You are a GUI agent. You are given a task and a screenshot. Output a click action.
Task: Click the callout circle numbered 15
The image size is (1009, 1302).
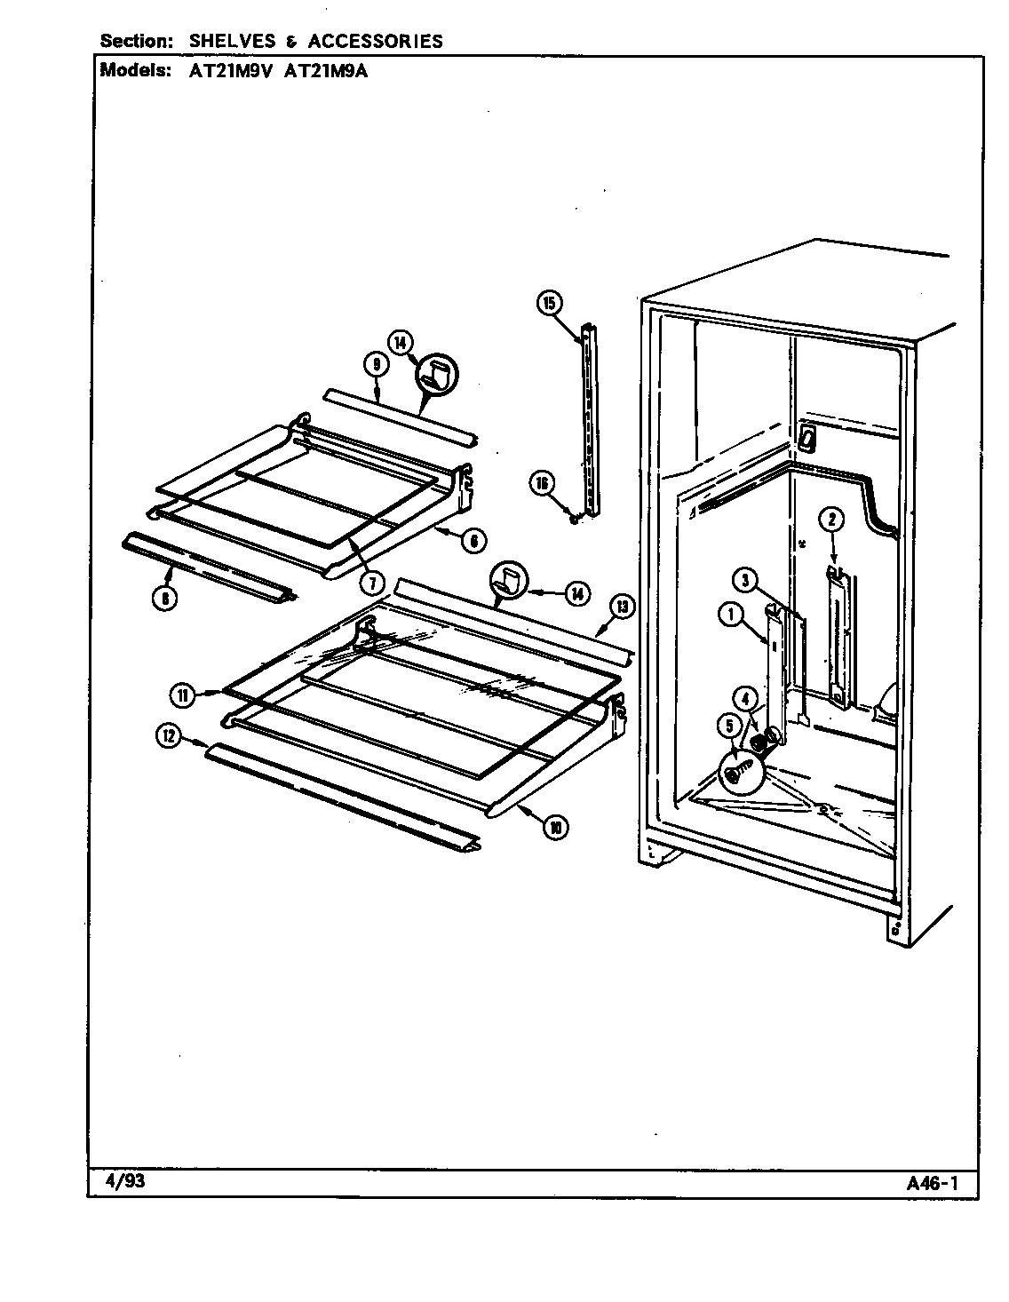(x=549, y=303)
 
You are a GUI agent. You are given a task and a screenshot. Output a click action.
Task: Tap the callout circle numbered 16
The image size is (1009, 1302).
(x=542, y=483)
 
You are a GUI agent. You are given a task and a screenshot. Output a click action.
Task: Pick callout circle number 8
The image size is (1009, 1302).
(x=163, y=598)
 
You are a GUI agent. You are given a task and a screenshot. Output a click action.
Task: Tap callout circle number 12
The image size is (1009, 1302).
(x=168, y=734)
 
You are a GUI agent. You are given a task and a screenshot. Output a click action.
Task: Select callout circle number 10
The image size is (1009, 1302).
(x=554, y=827)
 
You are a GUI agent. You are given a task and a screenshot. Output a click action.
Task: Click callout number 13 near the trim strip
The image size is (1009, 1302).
(x=622, y=607)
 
